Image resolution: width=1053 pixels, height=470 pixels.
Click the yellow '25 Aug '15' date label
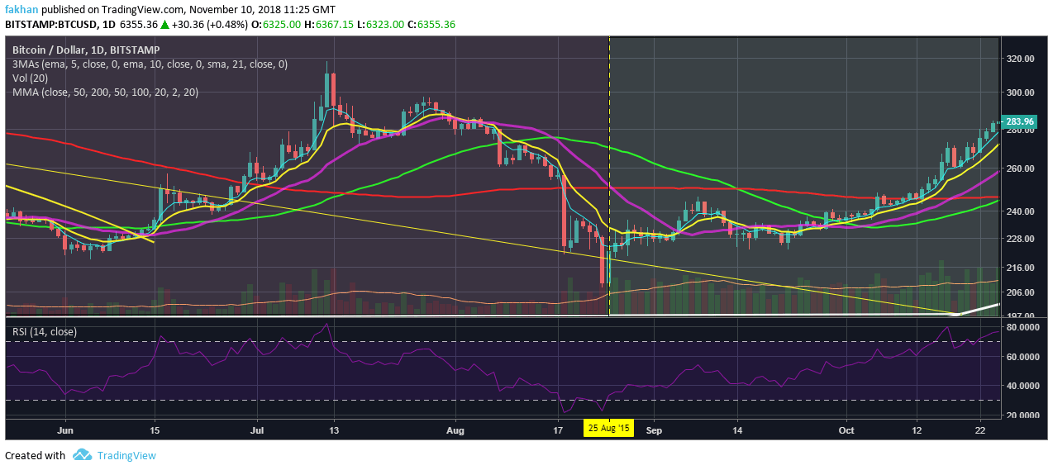coord(609,430)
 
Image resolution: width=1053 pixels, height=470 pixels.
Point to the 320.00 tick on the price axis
coord(1021,59)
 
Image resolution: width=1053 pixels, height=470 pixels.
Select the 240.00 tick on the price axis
coord(1021,211)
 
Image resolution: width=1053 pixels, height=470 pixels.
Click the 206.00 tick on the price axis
coord(1021,292)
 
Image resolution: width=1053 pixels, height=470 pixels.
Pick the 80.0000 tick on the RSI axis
coord(1024,328)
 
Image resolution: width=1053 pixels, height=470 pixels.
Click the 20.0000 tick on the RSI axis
coord(1024,415)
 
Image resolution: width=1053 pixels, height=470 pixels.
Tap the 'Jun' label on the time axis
coord(66,430)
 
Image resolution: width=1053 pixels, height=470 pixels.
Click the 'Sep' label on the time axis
coord(655,430)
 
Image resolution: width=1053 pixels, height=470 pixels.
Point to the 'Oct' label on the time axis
coord(846,430)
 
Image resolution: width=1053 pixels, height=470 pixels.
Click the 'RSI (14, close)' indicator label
coord(45,331)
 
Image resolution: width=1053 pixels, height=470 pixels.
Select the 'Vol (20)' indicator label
coord(30,78)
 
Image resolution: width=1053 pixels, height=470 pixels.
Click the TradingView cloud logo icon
coord(81,455)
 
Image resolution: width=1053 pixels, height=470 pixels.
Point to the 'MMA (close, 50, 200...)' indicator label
coord(105,92)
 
